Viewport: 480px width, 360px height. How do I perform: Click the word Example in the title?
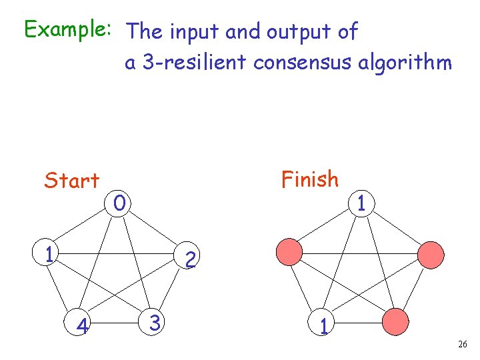pyautogui.click(x=63, y=30)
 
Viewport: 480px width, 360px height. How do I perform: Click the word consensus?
pyautogui.click(x=303, y=63)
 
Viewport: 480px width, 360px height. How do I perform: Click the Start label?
pyautogui.click(x=71, y=180)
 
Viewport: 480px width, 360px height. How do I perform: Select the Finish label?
pyautogui.click(x=309, y=179)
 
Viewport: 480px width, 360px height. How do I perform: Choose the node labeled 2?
pyautogui.click(x=190, y=259)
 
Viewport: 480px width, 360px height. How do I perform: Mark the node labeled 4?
pyautogui.click(x=83, y=326)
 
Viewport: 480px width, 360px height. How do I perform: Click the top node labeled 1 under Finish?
pyautogui.click(x=360, y=202)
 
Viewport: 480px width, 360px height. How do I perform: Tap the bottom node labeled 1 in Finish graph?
pyautogui.click(x=323, y=326)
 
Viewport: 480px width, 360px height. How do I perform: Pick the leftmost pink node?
pyautogui.click(x=289, y=253)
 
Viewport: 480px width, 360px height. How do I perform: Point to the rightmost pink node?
pyautogui.click(x=431, y=254)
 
